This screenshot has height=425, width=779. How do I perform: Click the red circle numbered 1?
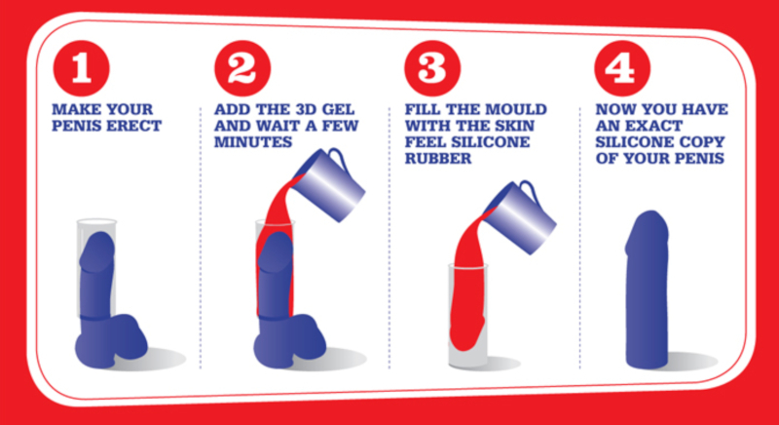tap(82, 68)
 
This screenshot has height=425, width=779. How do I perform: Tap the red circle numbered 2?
tap(242, 68)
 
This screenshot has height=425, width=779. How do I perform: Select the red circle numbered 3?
tap(432, 68)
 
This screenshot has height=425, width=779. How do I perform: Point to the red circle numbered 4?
tap(622, 68)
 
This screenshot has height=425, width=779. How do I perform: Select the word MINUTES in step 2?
tap(253, 142)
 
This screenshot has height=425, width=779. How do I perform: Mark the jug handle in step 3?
tap(528, 189)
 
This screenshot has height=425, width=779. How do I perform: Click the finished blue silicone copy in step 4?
tap(647, 290)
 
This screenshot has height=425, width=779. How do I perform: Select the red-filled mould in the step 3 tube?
tap(468, 298)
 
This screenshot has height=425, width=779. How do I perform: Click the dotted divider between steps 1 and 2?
tap(201, 238)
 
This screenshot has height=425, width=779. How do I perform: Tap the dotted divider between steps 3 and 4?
tap(579, 238)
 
